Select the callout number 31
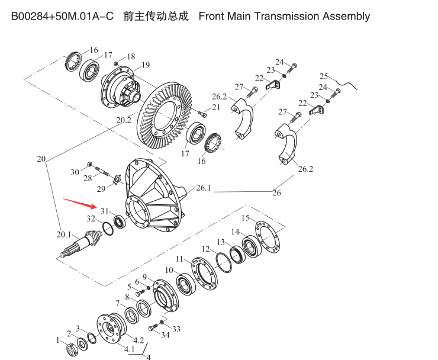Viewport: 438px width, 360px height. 104,211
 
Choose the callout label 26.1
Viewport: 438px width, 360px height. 203,188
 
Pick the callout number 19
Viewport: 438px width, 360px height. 145,65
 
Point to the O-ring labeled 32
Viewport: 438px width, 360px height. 107,227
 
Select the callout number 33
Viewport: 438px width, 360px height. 176,329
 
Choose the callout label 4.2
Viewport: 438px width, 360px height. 139,340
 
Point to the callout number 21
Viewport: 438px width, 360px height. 216,107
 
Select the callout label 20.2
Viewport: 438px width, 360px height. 124,120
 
